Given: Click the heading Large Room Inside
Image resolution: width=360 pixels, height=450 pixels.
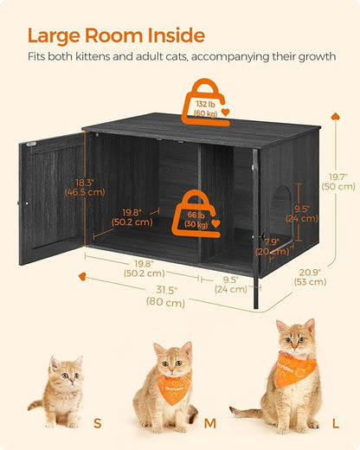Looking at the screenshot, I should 116,35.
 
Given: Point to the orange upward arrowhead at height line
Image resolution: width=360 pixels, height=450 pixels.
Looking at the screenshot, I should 332,115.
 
